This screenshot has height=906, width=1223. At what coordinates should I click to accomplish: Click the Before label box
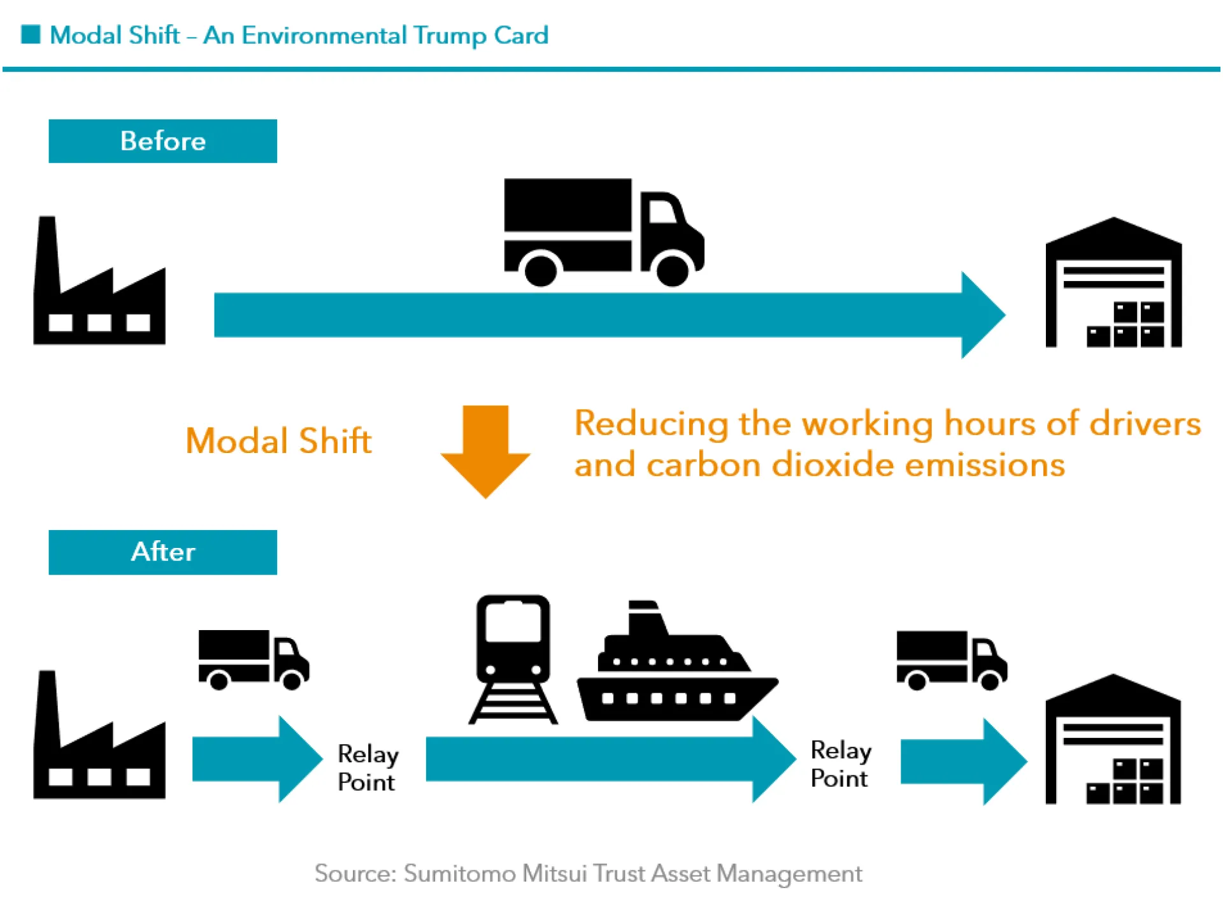[162, 141]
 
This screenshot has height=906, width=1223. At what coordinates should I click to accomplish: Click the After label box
[162, 552]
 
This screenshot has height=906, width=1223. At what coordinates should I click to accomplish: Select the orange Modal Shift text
[278, 441]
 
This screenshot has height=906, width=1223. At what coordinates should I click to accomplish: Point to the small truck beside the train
[254, 659]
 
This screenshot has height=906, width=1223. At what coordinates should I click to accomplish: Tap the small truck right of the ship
[951, 660]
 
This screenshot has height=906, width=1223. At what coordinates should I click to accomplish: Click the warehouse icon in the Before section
[1113, 287]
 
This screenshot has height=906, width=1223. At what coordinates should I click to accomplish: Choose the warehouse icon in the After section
[1113, 742]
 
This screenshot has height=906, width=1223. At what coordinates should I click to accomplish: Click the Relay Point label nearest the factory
[368, 768]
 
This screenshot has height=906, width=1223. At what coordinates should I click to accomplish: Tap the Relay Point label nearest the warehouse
[840, 764]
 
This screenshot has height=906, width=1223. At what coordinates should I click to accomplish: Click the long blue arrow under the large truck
[605, 315]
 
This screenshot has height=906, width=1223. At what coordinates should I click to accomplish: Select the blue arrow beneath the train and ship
[605, 759]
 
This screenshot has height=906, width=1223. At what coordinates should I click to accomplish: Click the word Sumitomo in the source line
[459, 873]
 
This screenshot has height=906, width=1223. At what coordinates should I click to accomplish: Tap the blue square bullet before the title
[31, 34]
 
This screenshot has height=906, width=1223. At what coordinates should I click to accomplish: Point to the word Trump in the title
[449, 36]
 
